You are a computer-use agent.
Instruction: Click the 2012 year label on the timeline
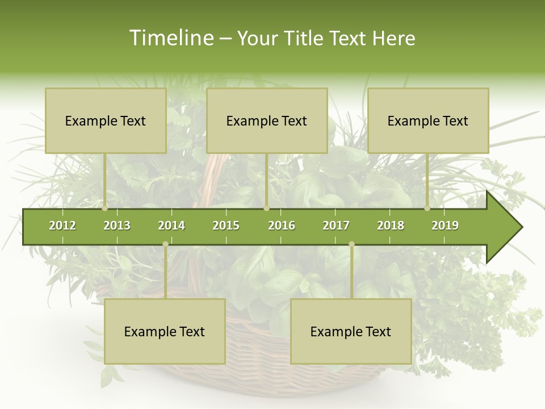coord(62,226)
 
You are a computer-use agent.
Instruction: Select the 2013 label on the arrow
coord(117,226)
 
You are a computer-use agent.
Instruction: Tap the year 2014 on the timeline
coord(171,226)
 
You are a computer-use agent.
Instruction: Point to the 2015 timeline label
coord(226,226)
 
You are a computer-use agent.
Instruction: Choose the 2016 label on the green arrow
coord(282,226)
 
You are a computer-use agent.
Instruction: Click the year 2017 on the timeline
coord(336,226)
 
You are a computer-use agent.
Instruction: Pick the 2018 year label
coord(391,226)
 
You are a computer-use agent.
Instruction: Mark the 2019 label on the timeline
coord(445,226)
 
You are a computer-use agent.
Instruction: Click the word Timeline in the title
coord(170,38)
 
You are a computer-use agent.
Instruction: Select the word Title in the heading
coord(307,38)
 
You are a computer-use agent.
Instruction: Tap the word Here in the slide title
coord(393,38)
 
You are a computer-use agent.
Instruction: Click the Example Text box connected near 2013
coord(106,120)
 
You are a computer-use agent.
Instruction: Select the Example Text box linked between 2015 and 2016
coord(267,120)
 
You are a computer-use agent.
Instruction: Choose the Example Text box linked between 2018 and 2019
coord(428,120)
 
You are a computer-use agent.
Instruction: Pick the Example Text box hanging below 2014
coord(165,331)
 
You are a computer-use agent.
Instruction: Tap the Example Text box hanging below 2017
coord(351,331)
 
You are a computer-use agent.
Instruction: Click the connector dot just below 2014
coord(165,244)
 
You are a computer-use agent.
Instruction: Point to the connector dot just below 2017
coord(351,244)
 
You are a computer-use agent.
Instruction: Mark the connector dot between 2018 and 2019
coord(427,208)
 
